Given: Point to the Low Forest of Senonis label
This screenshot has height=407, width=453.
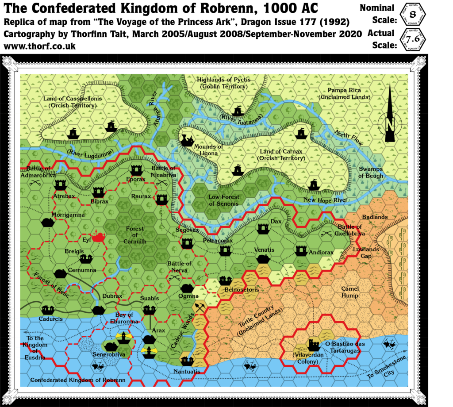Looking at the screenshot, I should [x=224, y=200].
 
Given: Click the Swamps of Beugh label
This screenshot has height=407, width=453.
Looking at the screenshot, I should [x=371, y=173].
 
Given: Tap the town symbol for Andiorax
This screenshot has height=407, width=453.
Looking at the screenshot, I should [x=302, y=251].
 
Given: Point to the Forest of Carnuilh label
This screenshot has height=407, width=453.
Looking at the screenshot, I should [x=135, y=235].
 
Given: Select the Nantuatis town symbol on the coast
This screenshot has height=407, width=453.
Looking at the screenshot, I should [x=188, y=361].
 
